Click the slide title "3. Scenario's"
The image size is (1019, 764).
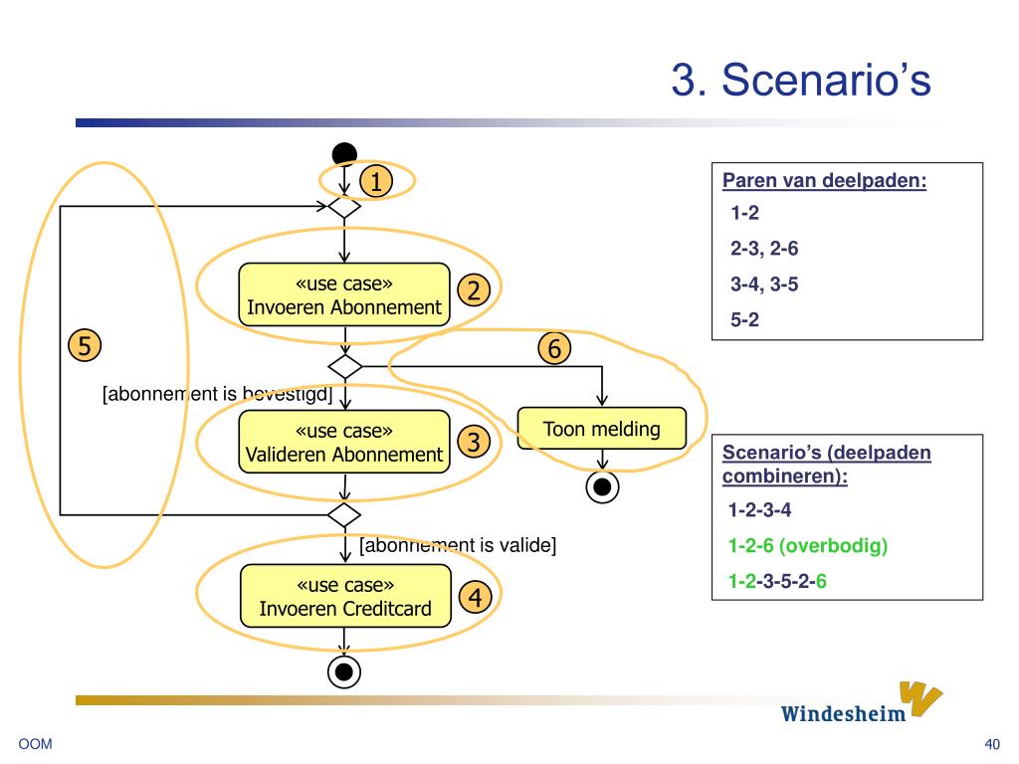(801, 80)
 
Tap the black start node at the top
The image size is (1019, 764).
(344, 154)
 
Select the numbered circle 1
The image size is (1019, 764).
(376, 181)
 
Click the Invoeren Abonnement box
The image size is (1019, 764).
(344, 294)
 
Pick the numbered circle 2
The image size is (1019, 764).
(474, 290)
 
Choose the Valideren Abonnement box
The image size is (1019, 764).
(344, 442)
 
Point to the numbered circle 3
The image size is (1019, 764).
(475, 442)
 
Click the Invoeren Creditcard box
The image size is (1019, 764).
(345, 596)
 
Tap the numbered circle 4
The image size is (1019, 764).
(476, 597)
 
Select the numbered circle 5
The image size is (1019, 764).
(85, 345)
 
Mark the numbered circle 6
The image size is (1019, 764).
(554, 348)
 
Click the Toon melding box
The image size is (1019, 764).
(602, 428)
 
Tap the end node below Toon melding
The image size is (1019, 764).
(602, 486)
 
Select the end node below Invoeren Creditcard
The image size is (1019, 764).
(344, 671)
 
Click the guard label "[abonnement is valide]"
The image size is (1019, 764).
(458, 545)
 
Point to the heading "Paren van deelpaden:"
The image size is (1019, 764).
(825, 181)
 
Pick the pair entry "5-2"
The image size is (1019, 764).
(744, 319)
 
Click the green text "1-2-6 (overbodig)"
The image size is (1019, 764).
(808, 546)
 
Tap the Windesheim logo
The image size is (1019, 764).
(862, 703)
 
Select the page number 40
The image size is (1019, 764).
(992, 744)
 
